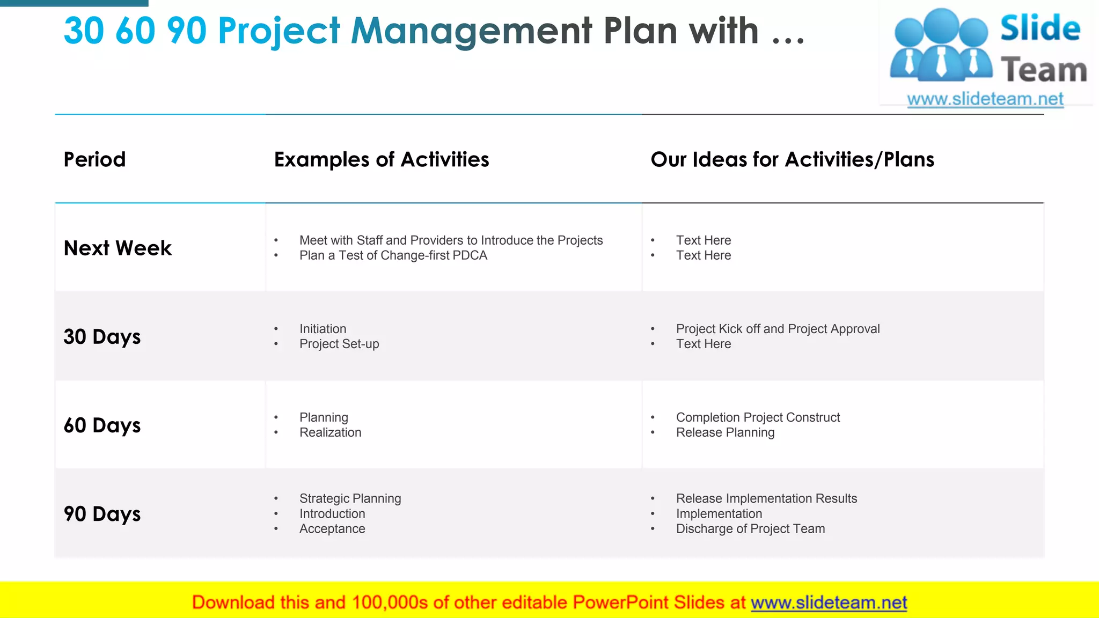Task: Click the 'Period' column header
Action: [x=94, y=159]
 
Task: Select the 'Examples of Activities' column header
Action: [x=382, y=159]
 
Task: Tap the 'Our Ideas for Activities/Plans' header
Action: [x=792, y=159]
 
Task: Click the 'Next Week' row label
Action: [x=118, y=248]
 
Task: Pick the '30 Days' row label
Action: [x=102, y=337]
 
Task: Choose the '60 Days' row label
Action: [x=102, y=425]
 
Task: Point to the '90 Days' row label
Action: [x=102, y=514]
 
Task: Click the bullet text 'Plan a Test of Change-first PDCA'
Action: [x=393, y=255]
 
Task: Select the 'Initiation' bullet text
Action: [x=323, y=329]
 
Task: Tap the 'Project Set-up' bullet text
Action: [x=339, y=344]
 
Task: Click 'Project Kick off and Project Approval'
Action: [x=778, y=329]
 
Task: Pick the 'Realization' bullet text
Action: [x=330, y=432]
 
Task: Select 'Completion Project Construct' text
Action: [x=758, y=417]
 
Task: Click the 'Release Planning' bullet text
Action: [x=725, y=432]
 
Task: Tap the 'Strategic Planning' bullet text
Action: [x=350, y=498]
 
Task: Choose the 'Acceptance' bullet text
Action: [x=332, y=528]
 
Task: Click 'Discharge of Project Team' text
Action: [x=750, y=528]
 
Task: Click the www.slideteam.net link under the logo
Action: [x=985, y=99]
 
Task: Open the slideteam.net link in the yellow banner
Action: [x=829, y=602]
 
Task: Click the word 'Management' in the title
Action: [x=471, y=31]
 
